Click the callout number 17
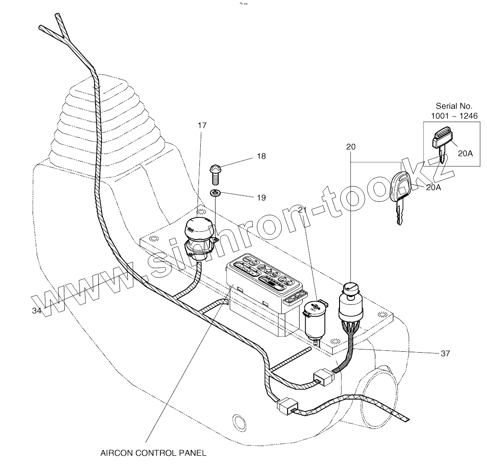202,125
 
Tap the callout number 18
261,156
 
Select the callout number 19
261,198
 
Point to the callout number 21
302,210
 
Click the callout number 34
37,311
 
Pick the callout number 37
445,353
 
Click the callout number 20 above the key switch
351,147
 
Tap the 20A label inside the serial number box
465,154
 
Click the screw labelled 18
215,174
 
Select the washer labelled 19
215,193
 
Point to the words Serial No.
454,106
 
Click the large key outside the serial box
400,195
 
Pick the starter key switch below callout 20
350,303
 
